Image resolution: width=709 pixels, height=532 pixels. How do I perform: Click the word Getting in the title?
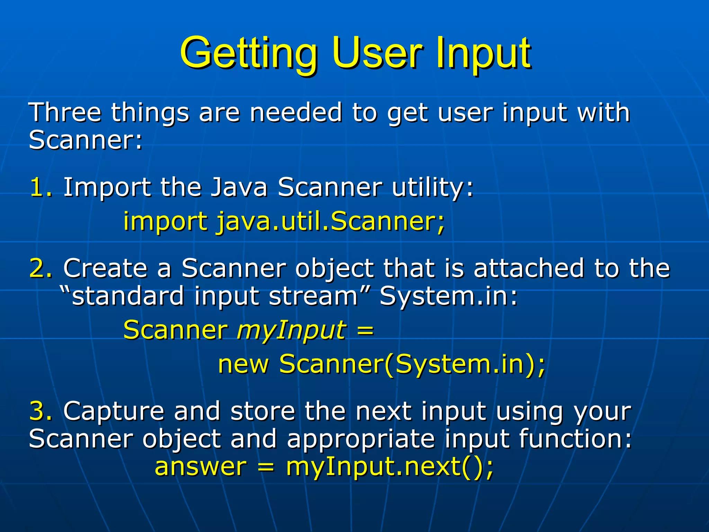249,54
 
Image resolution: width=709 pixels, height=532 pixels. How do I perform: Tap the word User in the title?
377,54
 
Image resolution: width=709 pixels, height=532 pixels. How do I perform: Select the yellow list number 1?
40,187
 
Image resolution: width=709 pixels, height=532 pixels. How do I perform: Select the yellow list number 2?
41,268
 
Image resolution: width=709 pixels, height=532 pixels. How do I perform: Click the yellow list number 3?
41,411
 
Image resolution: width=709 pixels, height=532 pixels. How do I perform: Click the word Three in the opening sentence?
65,113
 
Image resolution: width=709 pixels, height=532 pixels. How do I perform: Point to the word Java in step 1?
239,187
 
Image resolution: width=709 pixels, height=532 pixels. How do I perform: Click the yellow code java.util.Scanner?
331,222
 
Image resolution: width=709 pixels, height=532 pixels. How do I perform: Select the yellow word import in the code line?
165,222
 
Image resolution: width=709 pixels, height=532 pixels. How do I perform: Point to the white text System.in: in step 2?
448,296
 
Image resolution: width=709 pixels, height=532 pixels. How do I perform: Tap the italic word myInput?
291,330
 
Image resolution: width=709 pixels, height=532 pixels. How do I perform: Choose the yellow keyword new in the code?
243,364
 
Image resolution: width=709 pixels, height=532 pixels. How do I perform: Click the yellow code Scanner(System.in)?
412,364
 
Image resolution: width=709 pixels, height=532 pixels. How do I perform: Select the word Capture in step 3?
114,411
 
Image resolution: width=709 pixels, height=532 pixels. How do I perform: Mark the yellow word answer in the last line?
200,467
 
